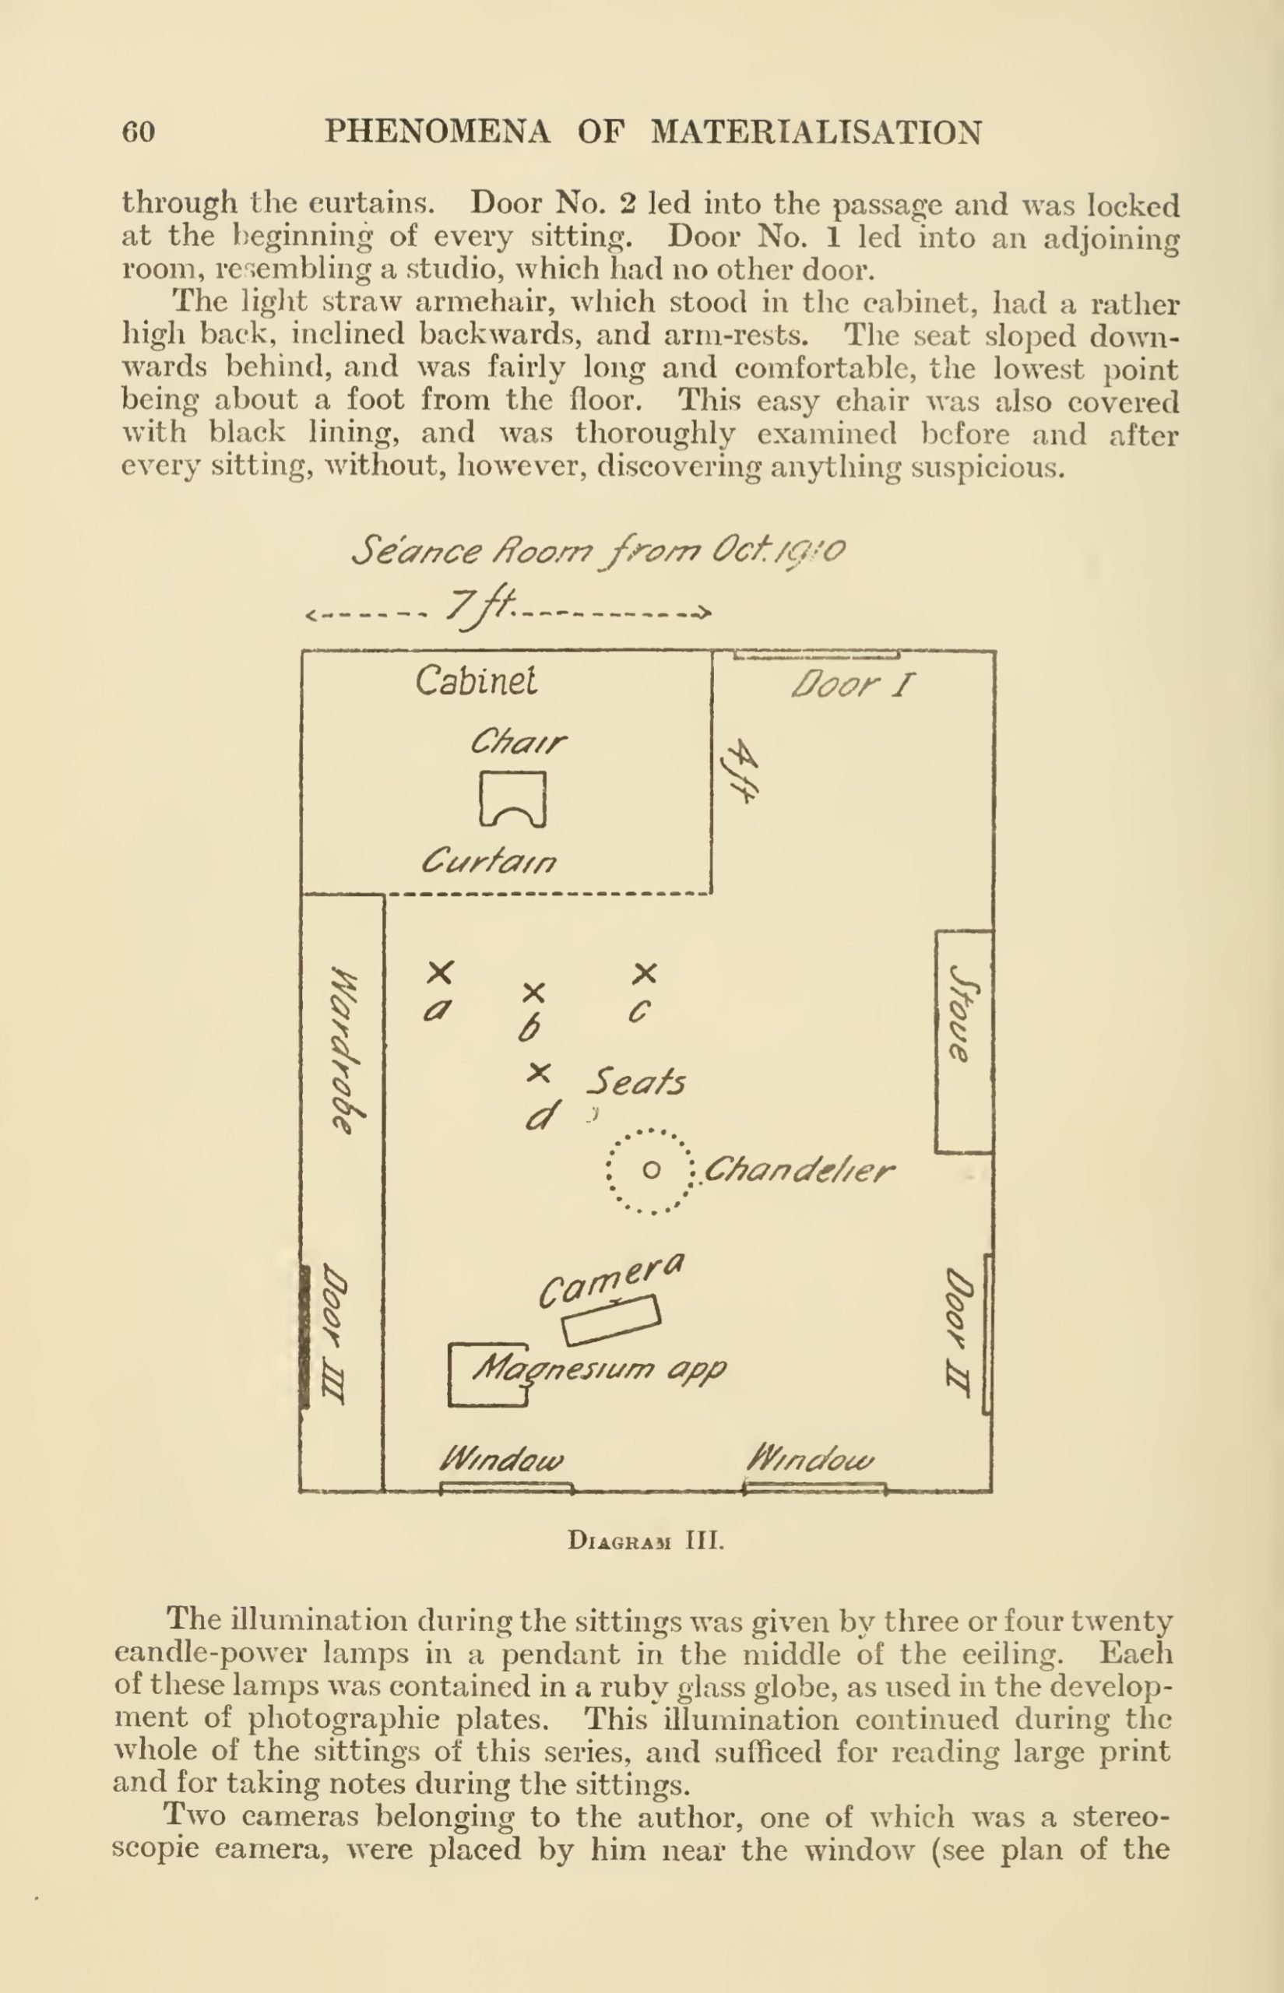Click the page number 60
pos(139,132)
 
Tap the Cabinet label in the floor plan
pos(476,681)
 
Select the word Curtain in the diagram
pos(490,861)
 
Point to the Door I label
pos(851,685)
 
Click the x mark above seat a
pos(440,972)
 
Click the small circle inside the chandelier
pos(652,1170)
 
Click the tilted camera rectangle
pos(612,1320)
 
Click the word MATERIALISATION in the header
pos(815,132)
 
